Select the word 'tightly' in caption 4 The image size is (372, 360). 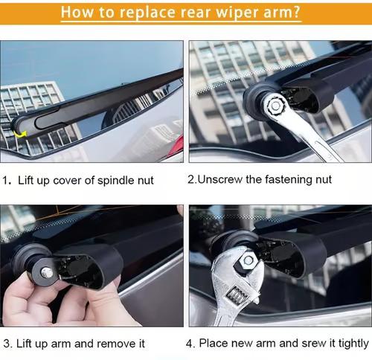pyautogui.click(x=351, y=344)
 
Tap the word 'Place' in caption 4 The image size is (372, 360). pyautogui.click(x=212, y=344)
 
